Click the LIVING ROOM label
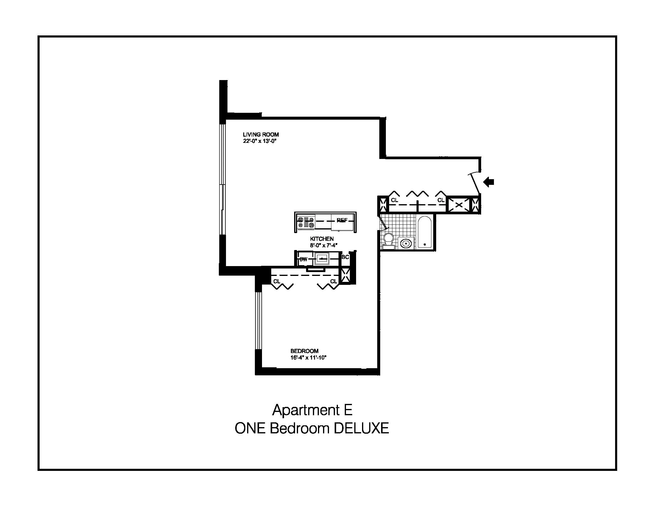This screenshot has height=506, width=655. click(x=261, y=135)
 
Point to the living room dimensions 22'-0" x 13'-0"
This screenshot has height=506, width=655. click(x=259, y=141)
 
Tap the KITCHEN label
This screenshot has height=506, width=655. click(x=322, y=239)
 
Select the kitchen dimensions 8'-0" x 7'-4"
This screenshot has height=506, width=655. click(x=324, y=245)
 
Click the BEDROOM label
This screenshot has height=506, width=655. click(x=304, y=351)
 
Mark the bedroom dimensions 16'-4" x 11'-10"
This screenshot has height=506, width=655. click(x=308, y=357)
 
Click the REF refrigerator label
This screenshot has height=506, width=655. click(x=342, y=220)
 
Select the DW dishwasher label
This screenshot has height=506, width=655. click(x=303, y=259)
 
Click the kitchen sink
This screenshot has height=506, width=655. click(x=322, y=258)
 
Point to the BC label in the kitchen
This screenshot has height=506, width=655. click(x=345, y=257)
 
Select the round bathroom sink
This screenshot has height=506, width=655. click(x=406, y=243)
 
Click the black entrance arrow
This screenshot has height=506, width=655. click(x=489, y=182)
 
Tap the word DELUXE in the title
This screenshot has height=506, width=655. click(x=361, y=428)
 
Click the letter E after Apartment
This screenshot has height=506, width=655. click(x=348, y=410)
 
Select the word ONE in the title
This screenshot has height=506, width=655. click(x=250, y=428)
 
